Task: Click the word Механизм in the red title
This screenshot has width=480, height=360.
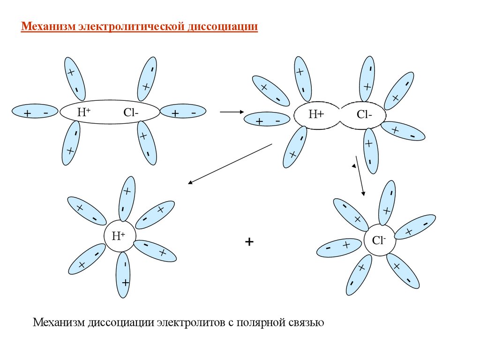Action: pos(48,26)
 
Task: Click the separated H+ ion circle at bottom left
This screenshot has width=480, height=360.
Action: pos(119,236)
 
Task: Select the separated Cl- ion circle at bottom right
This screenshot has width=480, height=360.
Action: pos(380,240)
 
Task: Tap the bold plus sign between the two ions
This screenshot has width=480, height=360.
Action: pos(249,242)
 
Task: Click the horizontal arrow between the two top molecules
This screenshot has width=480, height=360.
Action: pos(231,112)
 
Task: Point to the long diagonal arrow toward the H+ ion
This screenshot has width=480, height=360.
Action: pos(230,164)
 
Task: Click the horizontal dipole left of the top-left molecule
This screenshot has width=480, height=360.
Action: pos(35,113)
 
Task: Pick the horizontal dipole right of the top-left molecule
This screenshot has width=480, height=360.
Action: pos(183,112)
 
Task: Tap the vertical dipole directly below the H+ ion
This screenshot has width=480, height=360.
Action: pos(124,275)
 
